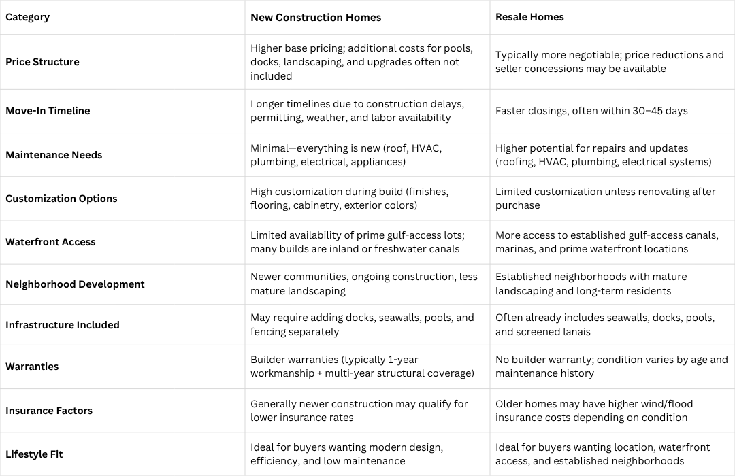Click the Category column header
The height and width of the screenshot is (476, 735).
point(27,17)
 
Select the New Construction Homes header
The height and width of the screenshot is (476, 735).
point(316,17)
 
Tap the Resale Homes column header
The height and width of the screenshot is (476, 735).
point(529,17)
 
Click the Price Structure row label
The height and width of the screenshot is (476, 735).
point(42,62)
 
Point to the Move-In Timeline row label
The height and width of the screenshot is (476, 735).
point(48,111)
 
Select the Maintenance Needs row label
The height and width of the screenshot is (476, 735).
point(54,155)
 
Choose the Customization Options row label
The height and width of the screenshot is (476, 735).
point(61,199)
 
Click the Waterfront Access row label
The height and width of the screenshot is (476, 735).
point(50,242)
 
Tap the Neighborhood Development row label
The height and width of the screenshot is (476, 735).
point(75,284)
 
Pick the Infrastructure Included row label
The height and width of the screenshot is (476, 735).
point(63,325)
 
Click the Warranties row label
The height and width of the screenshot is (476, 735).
point(32,367)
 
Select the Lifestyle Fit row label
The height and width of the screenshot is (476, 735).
point(34,454)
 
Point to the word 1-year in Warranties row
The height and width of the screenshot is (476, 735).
point(400,360)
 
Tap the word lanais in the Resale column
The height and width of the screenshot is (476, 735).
point(573,332)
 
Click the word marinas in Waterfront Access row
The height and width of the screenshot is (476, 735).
point(517,249)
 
